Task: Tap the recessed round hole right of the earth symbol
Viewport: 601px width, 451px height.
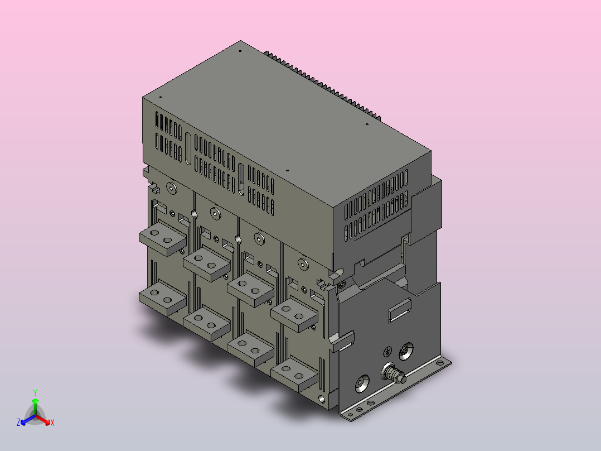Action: point(406,351)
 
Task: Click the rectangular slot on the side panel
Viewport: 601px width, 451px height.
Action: point(399,311)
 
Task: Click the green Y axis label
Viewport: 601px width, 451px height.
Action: point(35,392)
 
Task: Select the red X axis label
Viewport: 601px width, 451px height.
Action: point(52,423)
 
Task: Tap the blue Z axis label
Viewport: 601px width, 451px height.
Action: point(18,423)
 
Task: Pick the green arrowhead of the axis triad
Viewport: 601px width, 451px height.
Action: point(35,401)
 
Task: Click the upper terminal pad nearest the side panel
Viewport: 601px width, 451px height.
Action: point(294,311)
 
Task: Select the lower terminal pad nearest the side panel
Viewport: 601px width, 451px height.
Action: point(293,373)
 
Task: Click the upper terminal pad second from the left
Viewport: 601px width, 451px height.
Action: point(206,261)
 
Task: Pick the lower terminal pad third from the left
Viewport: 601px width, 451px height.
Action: point(250,347)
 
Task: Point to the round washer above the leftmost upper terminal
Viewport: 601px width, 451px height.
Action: point(171,188)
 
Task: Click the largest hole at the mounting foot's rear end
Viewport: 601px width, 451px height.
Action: point(442,363)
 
